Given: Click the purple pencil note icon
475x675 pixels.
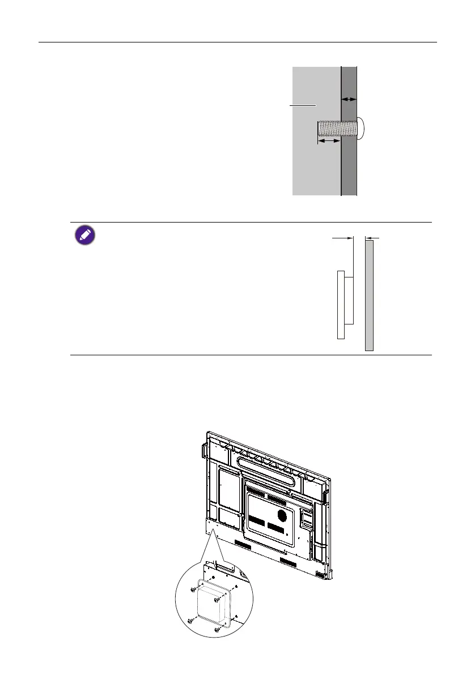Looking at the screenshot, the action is point(84,235).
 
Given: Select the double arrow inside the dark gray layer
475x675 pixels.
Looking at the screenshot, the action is point(349,99).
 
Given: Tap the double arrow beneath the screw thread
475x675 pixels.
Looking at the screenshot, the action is point(329,142).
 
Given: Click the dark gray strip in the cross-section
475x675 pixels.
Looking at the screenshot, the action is point(349,170).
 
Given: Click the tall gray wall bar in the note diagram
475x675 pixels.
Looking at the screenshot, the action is point(369,295).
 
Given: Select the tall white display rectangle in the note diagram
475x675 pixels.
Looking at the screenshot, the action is point(341,304).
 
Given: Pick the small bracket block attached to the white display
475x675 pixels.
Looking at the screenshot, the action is point(349,300).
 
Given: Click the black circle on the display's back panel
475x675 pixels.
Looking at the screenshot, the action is point(281,515).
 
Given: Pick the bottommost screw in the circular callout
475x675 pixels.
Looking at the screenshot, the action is point(216,629).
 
